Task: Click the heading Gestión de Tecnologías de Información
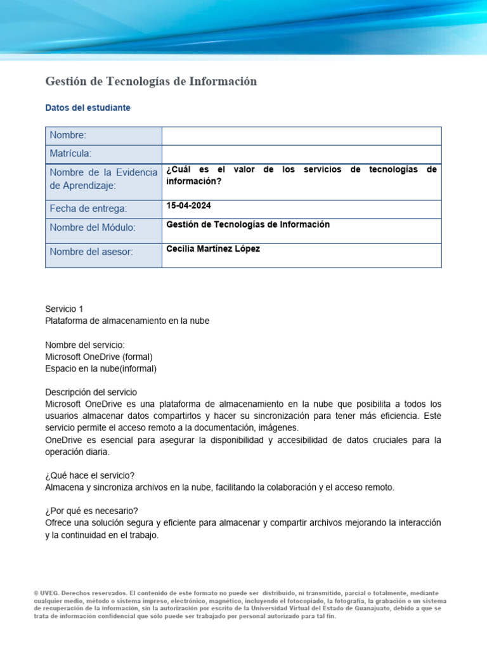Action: coord(151,81)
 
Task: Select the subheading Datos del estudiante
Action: coord(88,108)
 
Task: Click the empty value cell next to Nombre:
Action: coord(301,136)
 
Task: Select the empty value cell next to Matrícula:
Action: coord(301,154)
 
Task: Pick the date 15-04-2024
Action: coord(189,206)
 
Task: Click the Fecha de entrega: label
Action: coord(88,209)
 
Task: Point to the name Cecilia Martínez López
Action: coord(213,249)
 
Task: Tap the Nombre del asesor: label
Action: coord(91,252)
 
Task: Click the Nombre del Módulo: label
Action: coord(93,228)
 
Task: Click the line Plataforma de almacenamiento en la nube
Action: coord(127,321)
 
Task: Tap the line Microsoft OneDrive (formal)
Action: coord(99,357)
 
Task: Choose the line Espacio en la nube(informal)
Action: coord(101,368)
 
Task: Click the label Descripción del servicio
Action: coord(91,392)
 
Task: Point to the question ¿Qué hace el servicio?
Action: coord(90,476)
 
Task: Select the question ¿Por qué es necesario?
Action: coord(91,511)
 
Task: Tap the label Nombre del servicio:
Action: coord(85,345)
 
